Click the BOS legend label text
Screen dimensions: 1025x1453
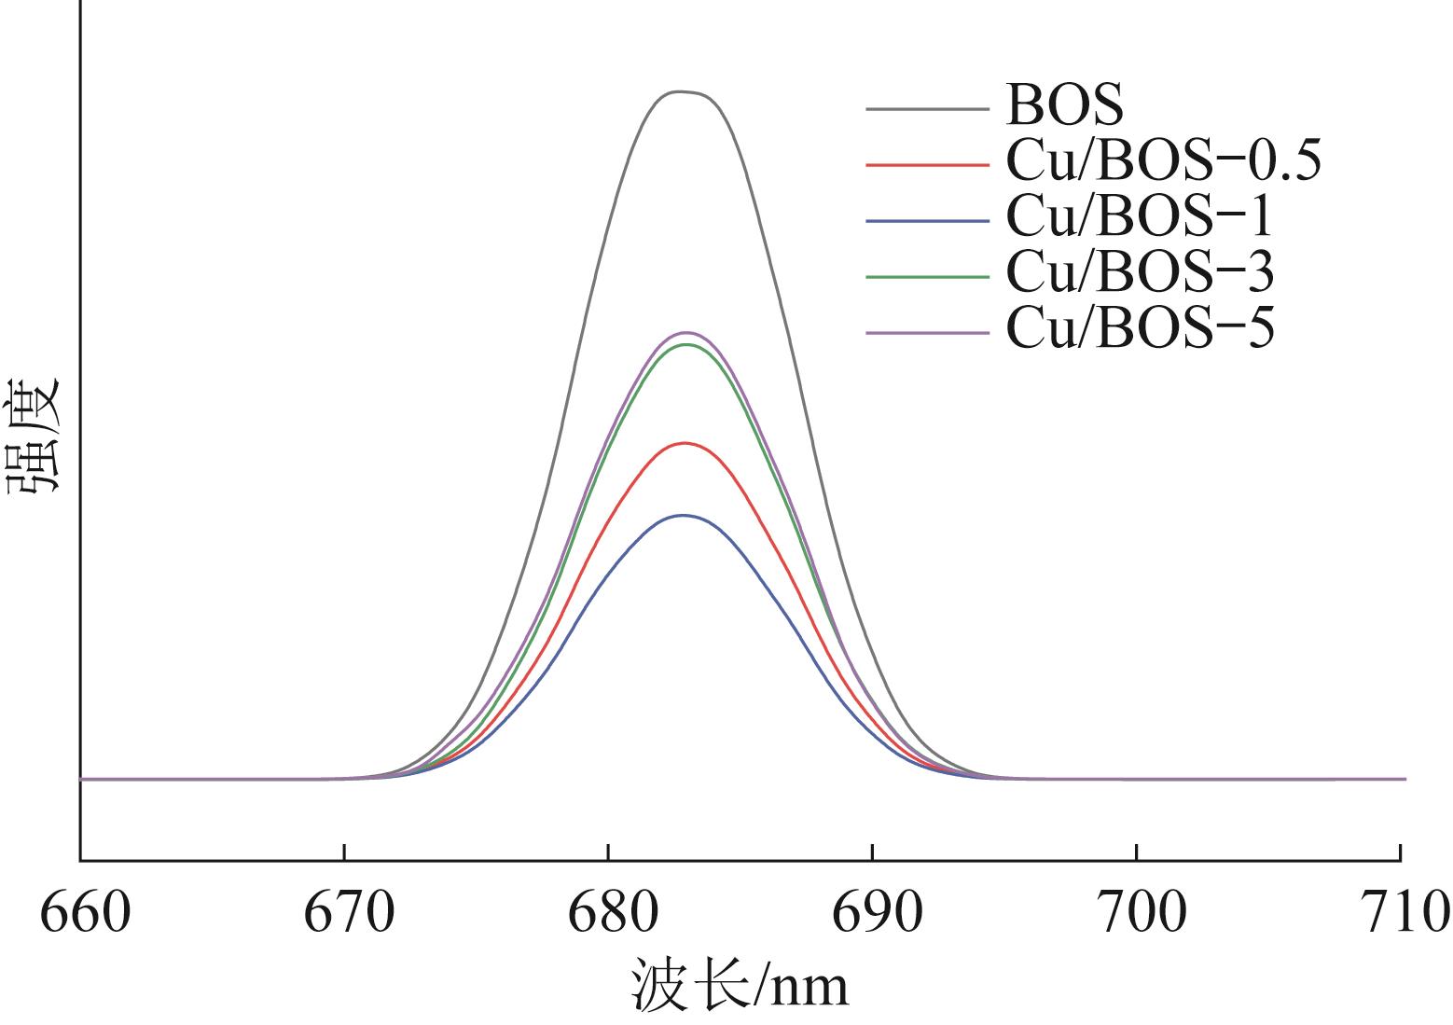[x=1064, y=105]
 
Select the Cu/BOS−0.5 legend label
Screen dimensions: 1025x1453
[x=1163, y=160]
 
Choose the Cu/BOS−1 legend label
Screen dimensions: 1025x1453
[x=1139, y=216]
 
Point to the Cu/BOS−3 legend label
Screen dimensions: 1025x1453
[x=1139, y=272]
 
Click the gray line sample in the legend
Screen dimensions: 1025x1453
[x=927, y=109]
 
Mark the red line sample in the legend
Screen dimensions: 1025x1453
[x=927, y=165]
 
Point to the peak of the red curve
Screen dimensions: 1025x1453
[x=685, y=443]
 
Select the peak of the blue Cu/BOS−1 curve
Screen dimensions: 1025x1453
[x=684, y=515]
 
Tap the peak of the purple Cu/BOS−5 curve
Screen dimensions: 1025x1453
[x=686, y=332]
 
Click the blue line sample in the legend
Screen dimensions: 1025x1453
[x=927, y=221]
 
